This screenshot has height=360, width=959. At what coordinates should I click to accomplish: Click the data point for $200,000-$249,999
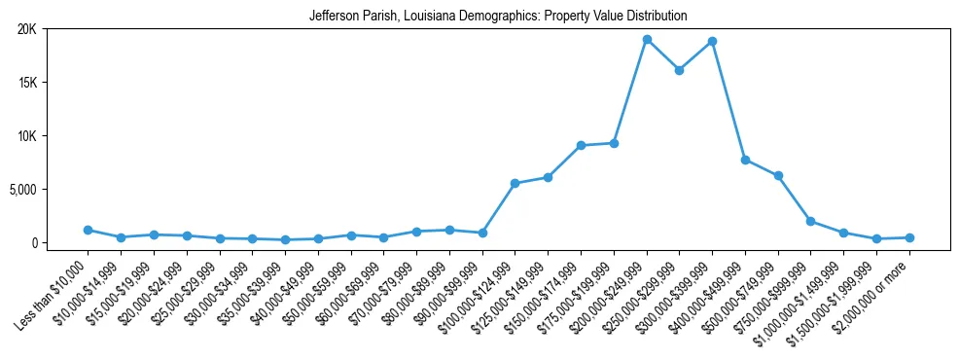click(647, 40)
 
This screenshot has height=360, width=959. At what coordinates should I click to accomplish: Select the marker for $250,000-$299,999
click(680, 70)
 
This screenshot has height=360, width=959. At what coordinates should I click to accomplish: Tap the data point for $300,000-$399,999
click(713, 42)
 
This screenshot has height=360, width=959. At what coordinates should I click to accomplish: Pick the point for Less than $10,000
click(88, 230)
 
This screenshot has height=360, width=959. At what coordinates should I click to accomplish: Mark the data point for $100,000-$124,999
click(515, 183)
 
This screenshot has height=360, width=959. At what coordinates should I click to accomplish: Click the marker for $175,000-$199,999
click(614, 143)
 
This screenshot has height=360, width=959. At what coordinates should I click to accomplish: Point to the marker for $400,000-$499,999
click(745, 160)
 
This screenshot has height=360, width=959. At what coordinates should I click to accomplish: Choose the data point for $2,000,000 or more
click(909, 237)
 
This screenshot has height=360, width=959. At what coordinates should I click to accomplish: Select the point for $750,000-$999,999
click(811, 221)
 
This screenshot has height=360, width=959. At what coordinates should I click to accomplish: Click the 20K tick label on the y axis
click(26, 29)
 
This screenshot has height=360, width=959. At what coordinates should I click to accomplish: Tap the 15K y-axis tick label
click(26, 83)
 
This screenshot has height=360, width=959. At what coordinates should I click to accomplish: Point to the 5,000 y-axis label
click(20, 189)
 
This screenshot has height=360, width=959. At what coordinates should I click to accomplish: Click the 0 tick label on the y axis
click(32, 242)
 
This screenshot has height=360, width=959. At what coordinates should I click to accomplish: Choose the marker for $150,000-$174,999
click(581, 145)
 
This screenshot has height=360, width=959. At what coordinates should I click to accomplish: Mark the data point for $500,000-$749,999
click(778, 175)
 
